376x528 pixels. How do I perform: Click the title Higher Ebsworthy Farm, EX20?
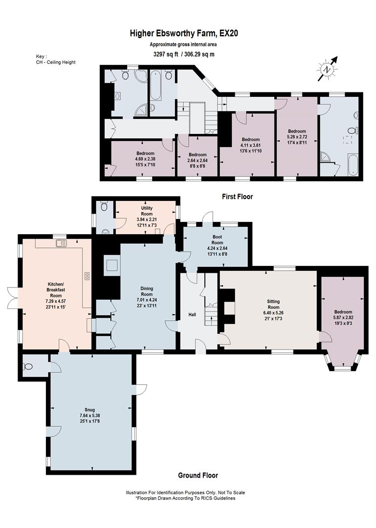pos(184,33)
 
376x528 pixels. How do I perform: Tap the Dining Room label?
pos(147,297)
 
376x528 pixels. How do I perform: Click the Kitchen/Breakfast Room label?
pos(56,295)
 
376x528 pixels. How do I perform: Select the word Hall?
pos(192,314)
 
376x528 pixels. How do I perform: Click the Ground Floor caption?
pos(198,475)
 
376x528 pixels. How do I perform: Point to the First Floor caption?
pos(237,197)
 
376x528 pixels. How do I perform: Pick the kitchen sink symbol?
pos(61,243)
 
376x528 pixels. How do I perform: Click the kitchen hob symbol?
pos(87,276)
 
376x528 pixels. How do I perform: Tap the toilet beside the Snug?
pos(28,366)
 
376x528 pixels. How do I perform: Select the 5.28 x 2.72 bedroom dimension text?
pos(297,137)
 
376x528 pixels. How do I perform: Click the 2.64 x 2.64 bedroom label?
pos(198,160)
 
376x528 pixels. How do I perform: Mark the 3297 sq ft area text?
pos(165,54)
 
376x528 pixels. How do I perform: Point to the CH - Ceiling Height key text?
pos(56,62)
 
